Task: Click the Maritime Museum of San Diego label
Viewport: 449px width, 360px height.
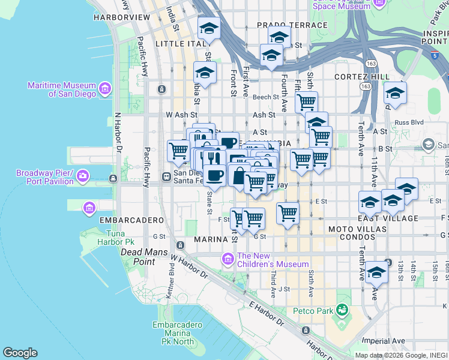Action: click(62, 89)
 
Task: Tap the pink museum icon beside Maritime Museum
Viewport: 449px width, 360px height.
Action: click(105, 89)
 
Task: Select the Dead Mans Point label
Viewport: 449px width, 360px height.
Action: click(143, 253)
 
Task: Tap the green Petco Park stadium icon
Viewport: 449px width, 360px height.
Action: click(342, 310)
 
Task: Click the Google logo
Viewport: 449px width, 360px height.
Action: click(20, 353)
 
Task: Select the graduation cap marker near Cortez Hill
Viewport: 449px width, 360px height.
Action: click(395, 94)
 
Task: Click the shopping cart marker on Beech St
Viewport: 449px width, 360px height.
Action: click(306, 101)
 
